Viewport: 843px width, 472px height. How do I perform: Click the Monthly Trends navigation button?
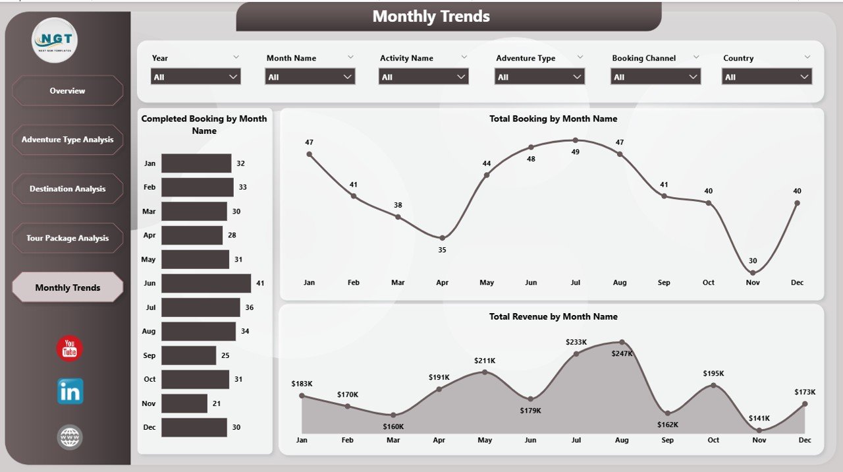pos(67,287)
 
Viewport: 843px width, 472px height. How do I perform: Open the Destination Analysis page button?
pos(67,189)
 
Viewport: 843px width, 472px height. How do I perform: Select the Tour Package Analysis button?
pos(67,238)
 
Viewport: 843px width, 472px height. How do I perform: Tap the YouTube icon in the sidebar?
pos(70,349)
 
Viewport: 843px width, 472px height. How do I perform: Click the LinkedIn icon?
pos(70,392)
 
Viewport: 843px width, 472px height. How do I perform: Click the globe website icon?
pos(70,436)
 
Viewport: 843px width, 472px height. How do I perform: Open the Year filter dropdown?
pos(196,77)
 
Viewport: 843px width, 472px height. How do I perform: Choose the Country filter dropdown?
pos(767,77)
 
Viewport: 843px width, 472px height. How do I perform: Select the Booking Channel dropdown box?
pos(655,77)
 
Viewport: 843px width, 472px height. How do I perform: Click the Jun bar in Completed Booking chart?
pos(205,283)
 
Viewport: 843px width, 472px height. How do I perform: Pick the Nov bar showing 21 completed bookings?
pos(184,403)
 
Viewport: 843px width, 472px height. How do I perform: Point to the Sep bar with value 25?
pos(188,355)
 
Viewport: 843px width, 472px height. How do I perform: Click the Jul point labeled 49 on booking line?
pos(575,140)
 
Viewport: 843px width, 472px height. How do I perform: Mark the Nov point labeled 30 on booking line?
pos(753,272)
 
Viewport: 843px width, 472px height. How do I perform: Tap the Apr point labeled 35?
pos(442,238)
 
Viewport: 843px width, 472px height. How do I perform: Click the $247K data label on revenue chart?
pos(622,353)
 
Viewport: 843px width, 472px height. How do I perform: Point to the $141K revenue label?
pos(759,418)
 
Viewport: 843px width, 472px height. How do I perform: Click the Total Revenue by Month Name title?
pos(553,316)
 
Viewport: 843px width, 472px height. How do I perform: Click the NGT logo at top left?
pos(55,40)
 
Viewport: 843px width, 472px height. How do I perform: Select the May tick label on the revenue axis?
pos(484,440)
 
